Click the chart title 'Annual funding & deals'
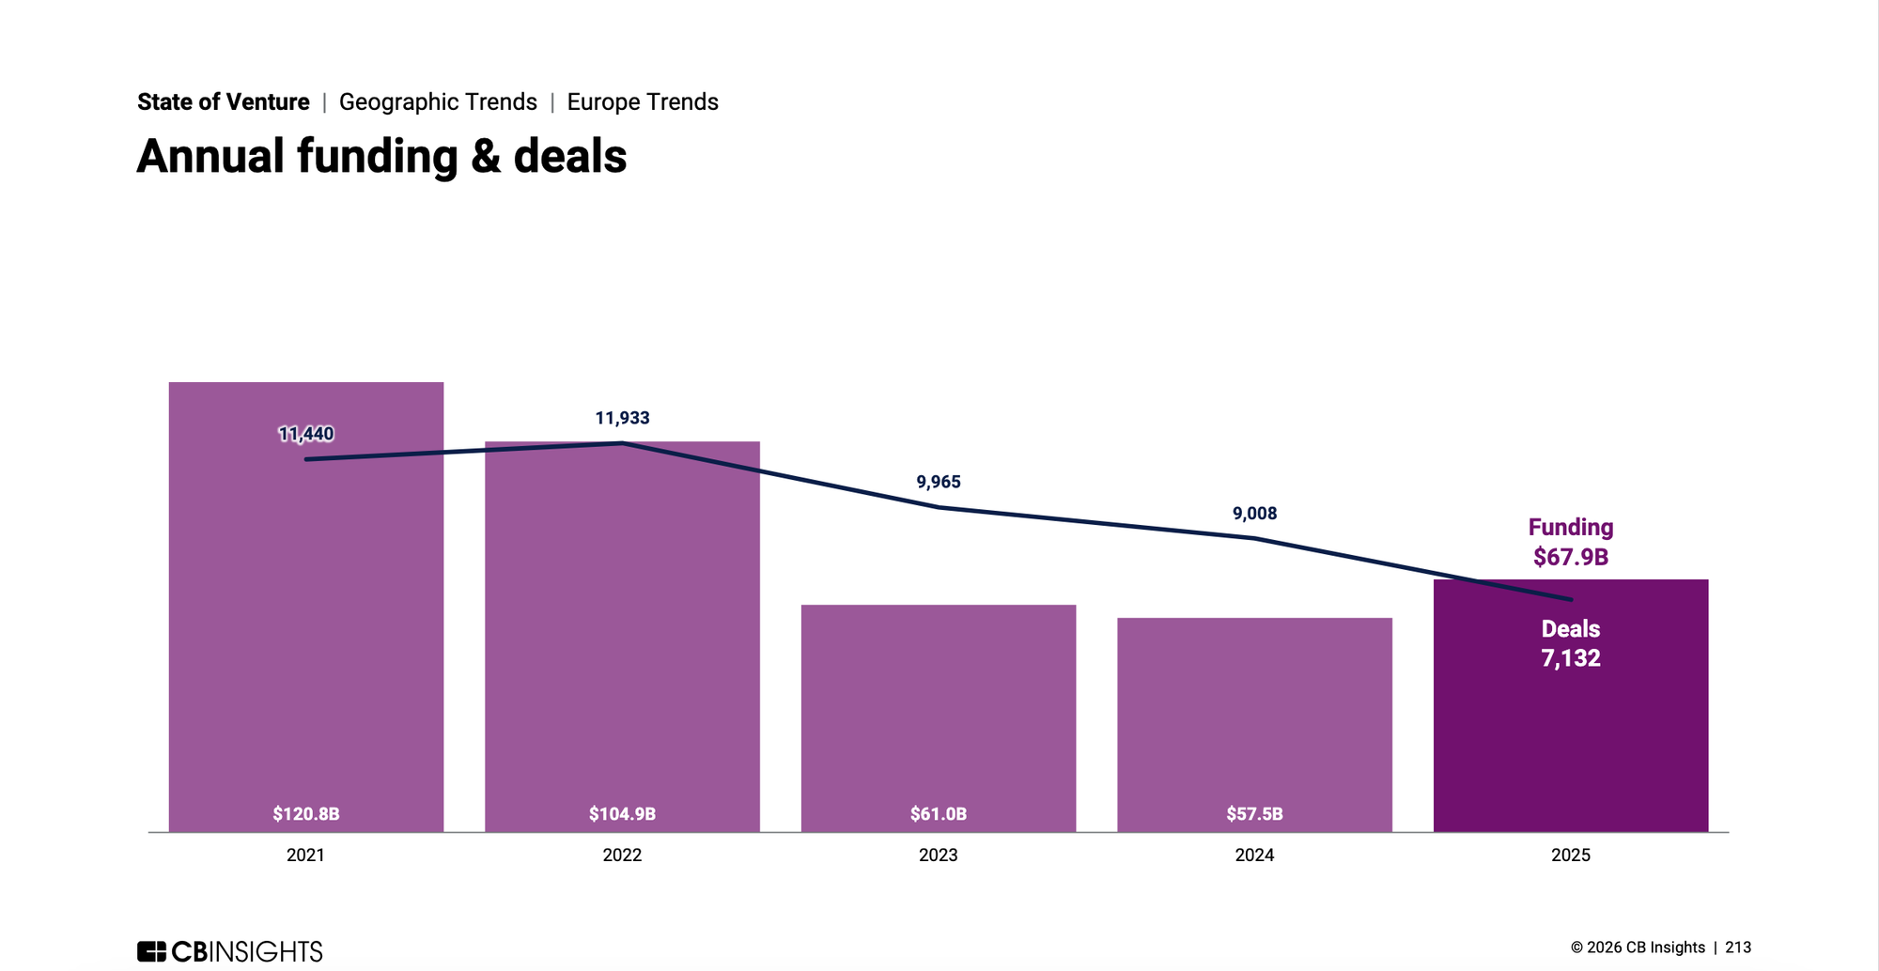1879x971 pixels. coord(381,157)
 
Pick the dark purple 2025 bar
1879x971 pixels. coord(1571,732)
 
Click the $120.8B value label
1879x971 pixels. coord(306,814)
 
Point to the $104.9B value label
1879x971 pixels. coord(622,814)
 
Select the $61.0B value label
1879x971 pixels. coord(939,814)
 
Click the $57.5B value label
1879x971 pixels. coord(1254,814)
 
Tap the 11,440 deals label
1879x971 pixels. coord(306,434)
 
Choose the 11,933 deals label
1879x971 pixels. coord(622,418)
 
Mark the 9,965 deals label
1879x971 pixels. coord(939,483)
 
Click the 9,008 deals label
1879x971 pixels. coord(1254,514)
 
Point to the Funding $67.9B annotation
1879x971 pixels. coord(1571,543)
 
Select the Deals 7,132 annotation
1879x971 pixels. coord(1571,644)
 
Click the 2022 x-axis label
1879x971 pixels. coord(622,855)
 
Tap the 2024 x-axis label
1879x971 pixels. coord(1254,855)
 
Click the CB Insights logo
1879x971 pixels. coord(230,951)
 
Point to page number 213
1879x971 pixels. coord(1738,948)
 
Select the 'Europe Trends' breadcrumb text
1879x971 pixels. coord(643,102)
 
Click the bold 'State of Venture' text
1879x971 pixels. coord(224,102)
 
